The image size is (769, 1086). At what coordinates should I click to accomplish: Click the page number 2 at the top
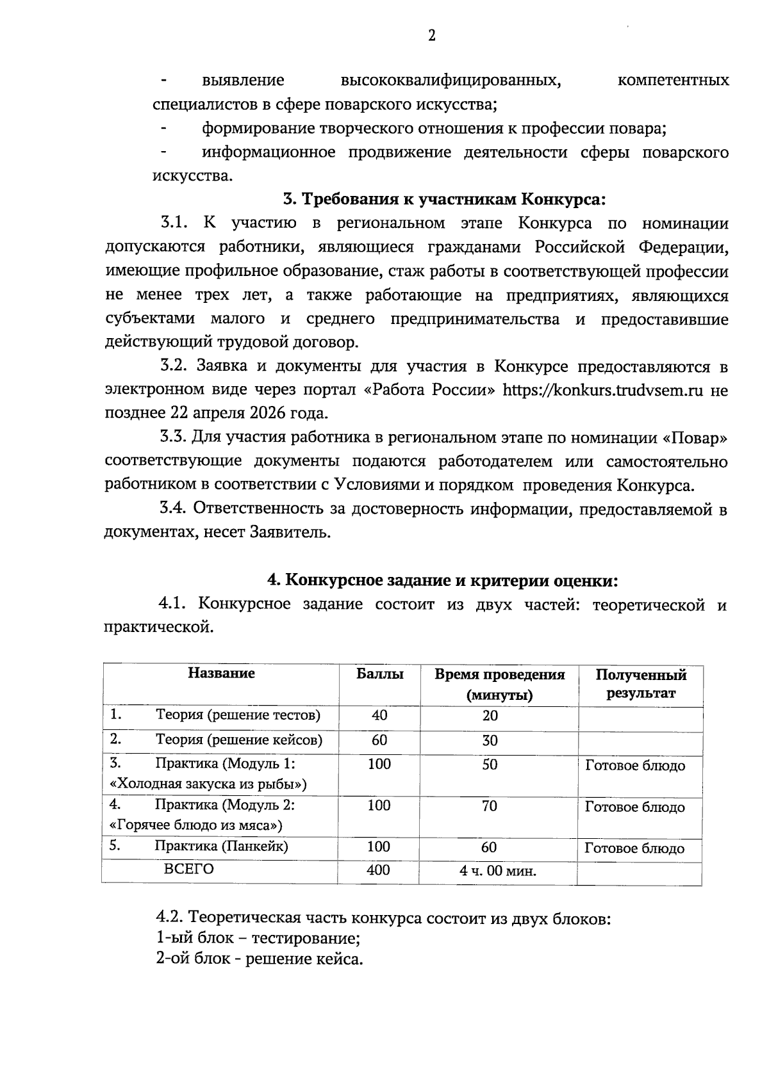431,36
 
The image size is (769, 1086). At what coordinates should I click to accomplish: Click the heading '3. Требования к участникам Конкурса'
444,199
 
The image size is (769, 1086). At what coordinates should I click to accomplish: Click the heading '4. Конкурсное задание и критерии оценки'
442,580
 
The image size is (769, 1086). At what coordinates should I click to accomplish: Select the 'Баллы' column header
379,674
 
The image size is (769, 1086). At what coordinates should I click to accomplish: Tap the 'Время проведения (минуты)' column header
499,684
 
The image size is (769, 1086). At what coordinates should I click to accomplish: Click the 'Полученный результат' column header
640,684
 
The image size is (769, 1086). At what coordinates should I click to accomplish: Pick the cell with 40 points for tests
379,715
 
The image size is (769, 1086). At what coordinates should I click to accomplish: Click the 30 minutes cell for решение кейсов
490,741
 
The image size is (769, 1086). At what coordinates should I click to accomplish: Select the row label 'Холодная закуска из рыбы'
208,783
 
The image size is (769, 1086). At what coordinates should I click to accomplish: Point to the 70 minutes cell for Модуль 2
489,806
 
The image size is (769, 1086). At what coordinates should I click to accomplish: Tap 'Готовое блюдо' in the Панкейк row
634,848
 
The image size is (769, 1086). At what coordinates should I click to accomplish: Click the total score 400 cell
378,870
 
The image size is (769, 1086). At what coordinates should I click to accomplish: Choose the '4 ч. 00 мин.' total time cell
497,871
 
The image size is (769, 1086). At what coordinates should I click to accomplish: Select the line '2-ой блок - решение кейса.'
260,960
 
